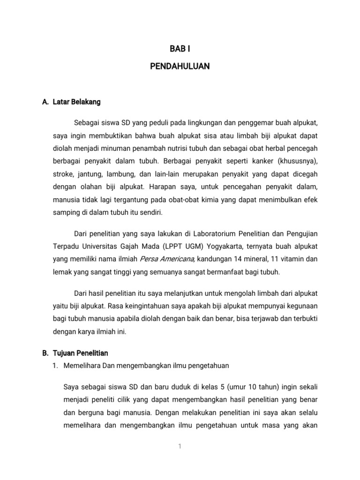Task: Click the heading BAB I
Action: (x=180, y=48)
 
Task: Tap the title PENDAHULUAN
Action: (x=180, y=67)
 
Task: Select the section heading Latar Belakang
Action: (x=76, y=101)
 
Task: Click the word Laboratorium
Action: (x=201, y=233)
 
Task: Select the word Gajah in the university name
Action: (x=123, y=246)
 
